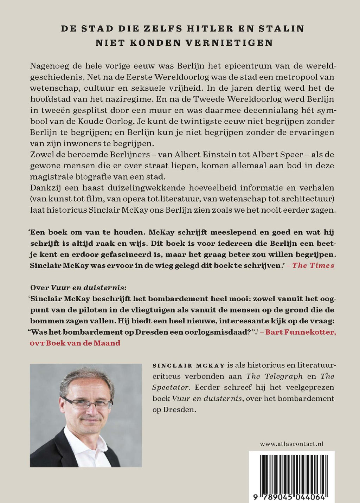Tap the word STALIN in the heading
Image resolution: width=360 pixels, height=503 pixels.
pos(283,28)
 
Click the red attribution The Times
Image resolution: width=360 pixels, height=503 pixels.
pos(313,265)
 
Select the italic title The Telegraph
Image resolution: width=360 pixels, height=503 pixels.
pos(274,376)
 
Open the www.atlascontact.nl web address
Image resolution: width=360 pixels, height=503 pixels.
pos(292,444)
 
